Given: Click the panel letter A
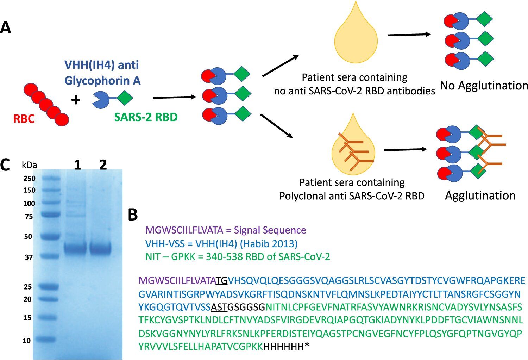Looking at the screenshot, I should click(x=6, y=27).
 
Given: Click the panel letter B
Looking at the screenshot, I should click(x=133, y=215).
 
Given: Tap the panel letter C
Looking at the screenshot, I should click(x=5, y=165).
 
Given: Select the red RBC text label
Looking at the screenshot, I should click(x=24, y=119).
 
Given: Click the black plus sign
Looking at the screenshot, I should click(x=76, y=100).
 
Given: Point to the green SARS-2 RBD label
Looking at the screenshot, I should click(x=146, y=117).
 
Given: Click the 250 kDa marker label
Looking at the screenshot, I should click(x=30, y=178).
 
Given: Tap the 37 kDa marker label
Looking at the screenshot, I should click(x=29, y=257).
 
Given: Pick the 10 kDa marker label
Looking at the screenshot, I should click(x=27, y=340).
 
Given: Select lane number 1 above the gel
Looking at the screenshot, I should click(x=77, y=165).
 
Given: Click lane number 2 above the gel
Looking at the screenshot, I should click(x=103, y=165).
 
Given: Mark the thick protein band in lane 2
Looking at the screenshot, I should click(x=101, y=248).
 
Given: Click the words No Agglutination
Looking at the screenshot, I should click(x=484, y=86).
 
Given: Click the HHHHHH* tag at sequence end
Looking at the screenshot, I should click(x=286, y=347).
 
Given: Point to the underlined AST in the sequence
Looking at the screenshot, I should click(x=219, y=308).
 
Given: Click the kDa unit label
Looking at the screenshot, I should click(x=29, y=165).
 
